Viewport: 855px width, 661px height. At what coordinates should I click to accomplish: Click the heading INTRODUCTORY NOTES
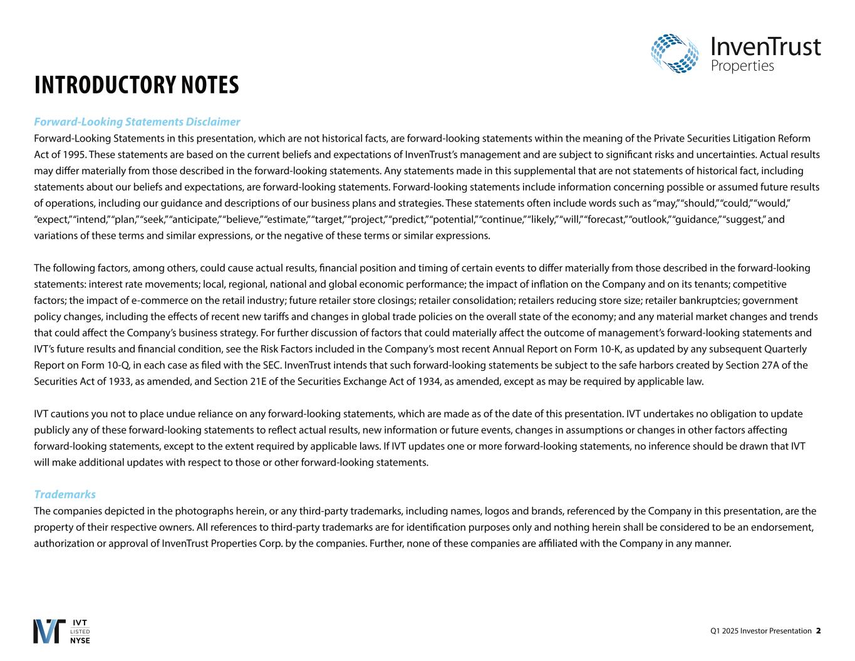click(137, 85)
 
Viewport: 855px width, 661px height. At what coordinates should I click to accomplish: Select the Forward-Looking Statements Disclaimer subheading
click(137, 122)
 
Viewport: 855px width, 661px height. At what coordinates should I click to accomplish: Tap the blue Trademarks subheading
click(65, 494)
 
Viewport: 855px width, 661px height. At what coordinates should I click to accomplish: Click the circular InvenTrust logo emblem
click(675, 53)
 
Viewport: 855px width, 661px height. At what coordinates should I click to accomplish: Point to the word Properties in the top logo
click(742, 66)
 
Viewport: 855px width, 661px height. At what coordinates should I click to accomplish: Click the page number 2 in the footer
click(818, 631)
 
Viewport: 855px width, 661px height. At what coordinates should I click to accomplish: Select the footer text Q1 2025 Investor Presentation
click(760, 631)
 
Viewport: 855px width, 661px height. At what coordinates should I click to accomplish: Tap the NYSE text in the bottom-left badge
click(80, 640)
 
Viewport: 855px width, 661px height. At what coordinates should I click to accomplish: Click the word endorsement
click(786, 528)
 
